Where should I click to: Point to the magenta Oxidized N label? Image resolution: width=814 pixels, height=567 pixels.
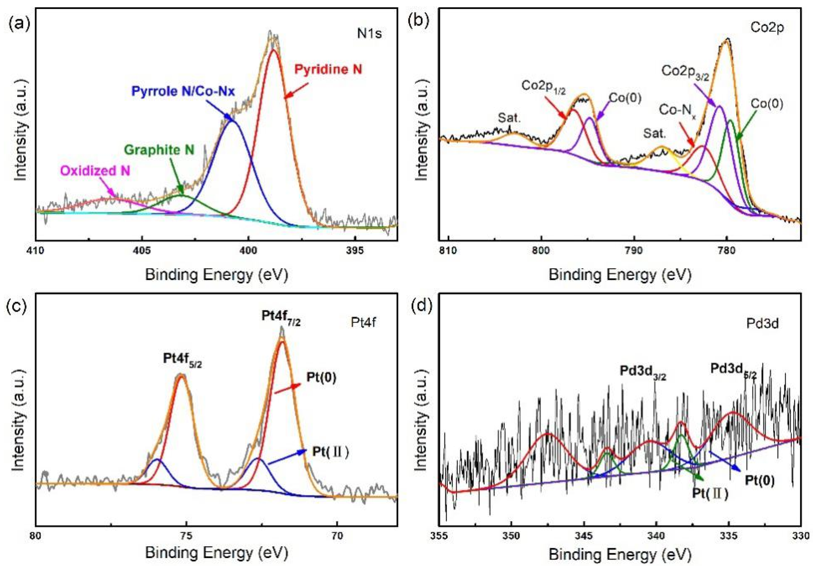95,171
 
